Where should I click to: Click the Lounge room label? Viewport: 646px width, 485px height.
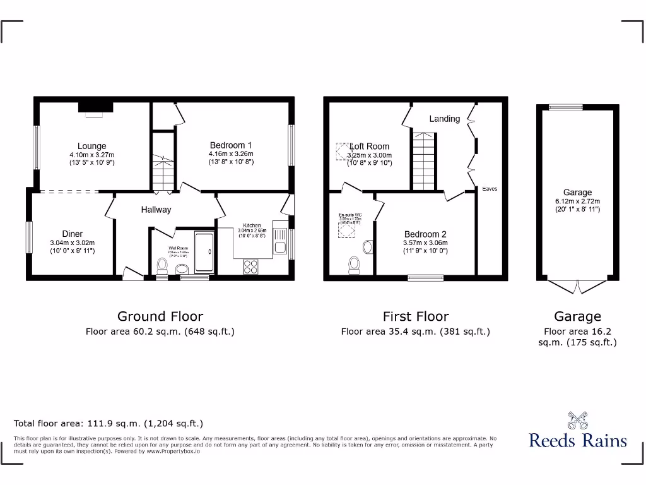(x=91, y=146)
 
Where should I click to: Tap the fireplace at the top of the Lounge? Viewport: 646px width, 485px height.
(x=95, y=108)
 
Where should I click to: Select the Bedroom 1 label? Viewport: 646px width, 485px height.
(x=231, y=145)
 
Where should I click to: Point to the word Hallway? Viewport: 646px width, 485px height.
(x=156, y=210)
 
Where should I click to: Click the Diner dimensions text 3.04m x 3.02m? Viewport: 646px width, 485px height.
(x=72, y=242)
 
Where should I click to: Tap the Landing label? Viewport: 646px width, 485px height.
(x=445, y=119)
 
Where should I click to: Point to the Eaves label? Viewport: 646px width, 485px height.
(x=490, y=189)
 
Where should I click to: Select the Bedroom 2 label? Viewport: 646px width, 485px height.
(x=426, y=234)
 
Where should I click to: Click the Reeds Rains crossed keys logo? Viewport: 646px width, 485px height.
(x=577, y=421)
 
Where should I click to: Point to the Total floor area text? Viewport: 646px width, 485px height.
(x=109, y=424)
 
